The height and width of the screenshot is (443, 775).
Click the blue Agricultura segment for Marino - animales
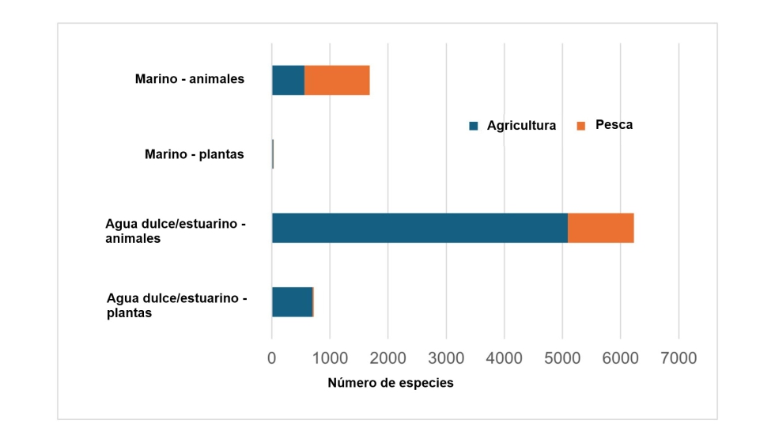coord(288,80)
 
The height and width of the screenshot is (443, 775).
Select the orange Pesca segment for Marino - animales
coord(337,80)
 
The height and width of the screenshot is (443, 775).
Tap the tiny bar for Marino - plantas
coord(273,154)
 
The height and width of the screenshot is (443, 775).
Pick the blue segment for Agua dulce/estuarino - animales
coord(419,228)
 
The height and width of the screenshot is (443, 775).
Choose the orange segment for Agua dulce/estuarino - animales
coord(600,228)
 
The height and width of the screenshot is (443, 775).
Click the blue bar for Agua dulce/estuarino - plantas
coord(292,302)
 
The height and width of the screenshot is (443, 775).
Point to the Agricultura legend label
coord(521,126)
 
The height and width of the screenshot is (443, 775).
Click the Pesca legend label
coord(614,125)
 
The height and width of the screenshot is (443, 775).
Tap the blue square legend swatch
coord(474,126)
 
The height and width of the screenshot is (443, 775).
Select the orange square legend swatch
coord(581,126)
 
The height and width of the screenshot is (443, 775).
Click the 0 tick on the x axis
coord(272,358)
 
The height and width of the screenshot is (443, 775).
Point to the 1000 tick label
coord(330,358)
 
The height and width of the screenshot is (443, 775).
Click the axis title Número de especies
coord(391,383)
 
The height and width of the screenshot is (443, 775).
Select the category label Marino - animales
coord(190,79)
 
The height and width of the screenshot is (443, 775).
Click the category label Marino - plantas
coord(195,154)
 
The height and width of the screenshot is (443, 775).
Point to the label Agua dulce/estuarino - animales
coord(176,231)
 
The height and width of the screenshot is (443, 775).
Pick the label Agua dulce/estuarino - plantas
coord(177,305)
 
